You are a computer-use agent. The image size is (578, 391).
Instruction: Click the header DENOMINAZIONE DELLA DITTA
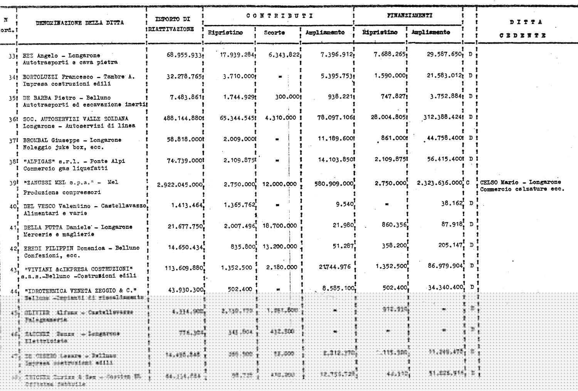pos(80,23)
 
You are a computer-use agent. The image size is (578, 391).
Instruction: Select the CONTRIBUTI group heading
pos(279,16)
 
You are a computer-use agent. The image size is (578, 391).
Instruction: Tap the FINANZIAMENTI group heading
pos(409,15)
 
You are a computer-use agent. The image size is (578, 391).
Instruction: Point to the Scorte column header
pos(274,33)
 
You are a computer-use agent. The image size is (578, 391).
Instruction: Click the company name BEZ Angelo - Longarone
pos(61,55)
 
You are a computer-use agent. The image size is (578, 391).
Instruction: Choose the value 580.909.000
pos(334,184)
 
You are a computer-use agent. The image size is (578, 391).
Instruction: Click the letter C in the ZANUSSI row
pos(468,183)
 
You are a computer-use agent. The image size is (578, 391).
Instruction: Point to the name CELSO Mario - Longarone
pos(520,182)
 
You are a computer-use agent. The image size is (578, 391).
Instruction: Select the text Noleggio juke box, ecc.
pos(63,147)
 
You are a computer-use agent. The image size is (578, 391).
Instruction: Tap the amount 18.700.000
pos(280,226)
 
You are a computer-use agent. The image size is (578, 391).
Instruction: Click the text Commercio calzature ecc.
pos(522,189)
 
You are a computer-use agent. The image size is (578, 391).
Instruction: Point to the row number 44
pos(13,292)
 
